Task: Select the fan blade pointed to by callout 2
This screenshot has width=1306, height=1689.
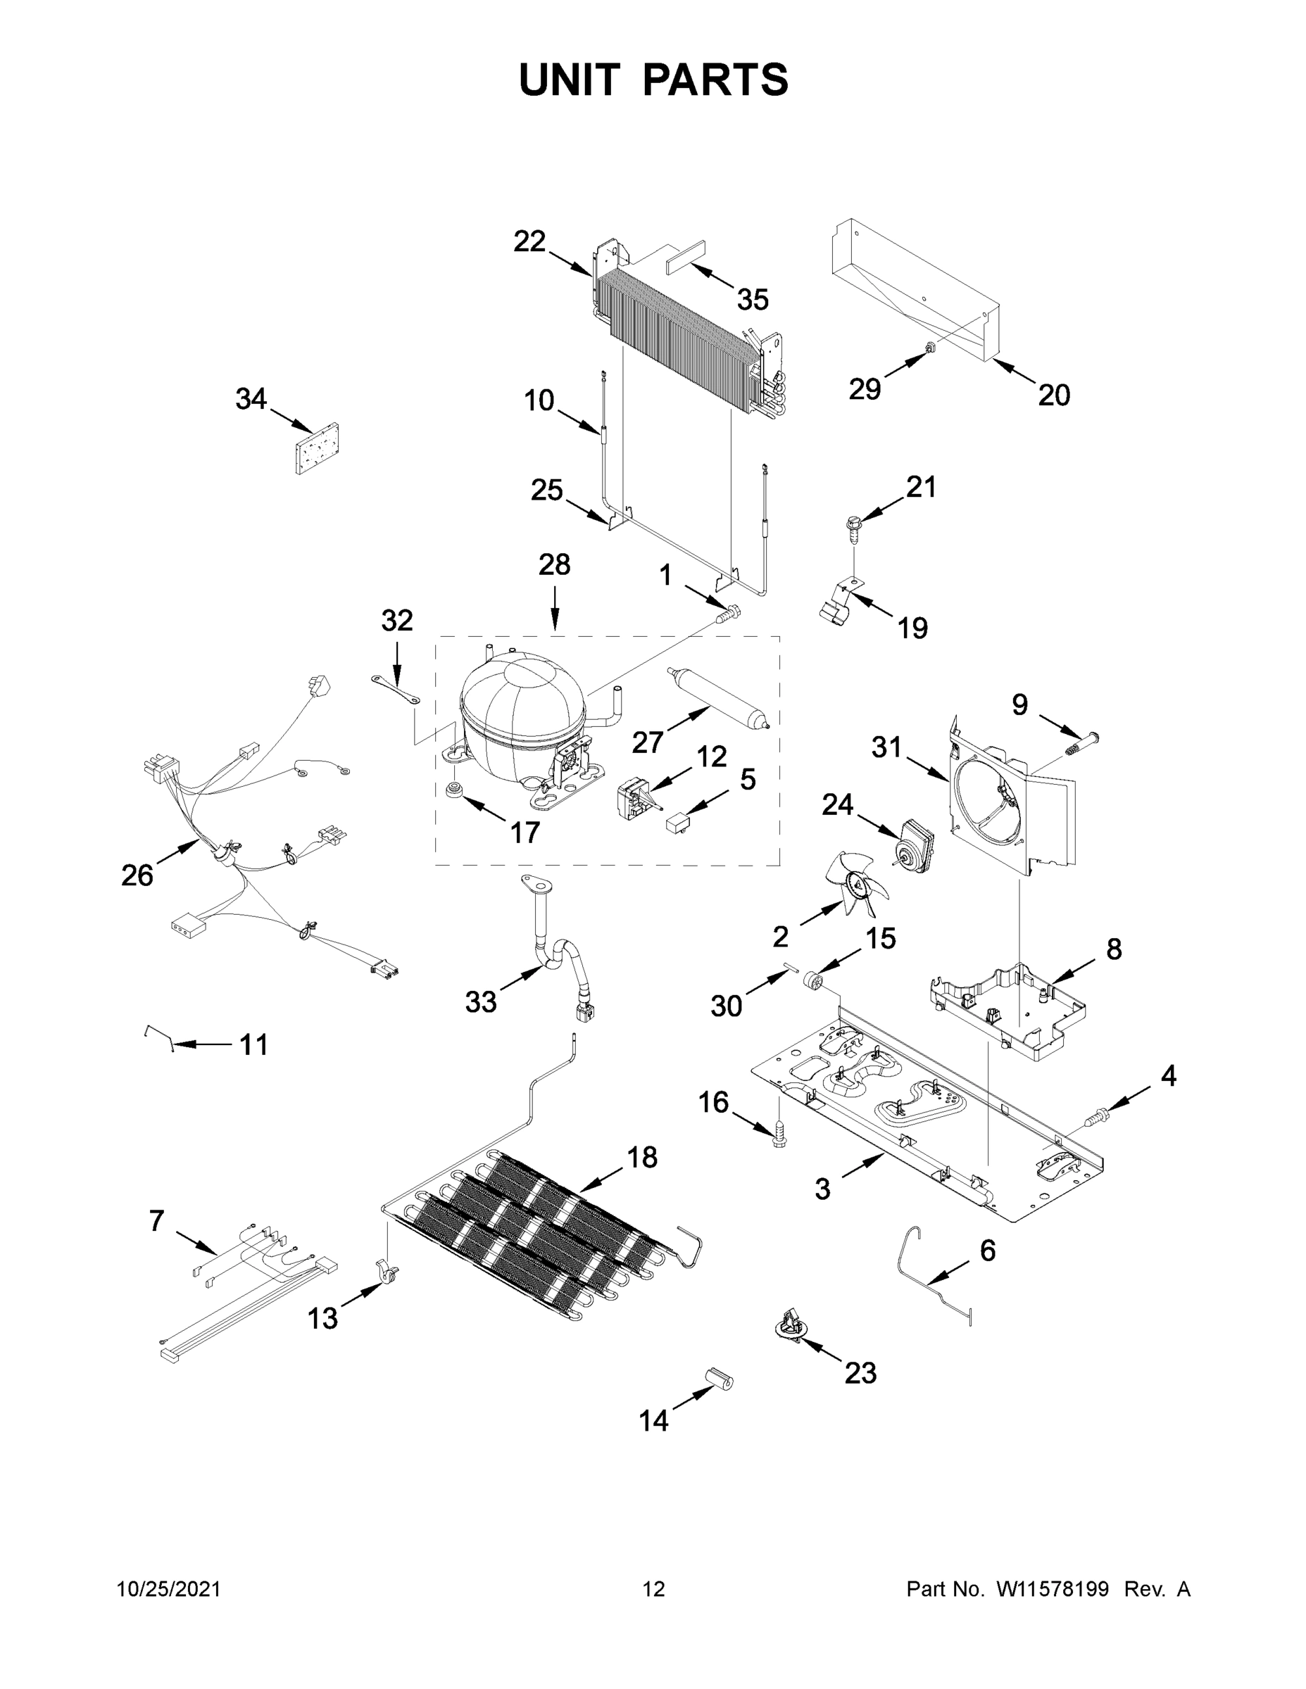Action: click(x=855, y=882)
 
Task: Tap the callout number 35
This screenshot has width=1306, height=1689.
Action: click(x=752, y=299)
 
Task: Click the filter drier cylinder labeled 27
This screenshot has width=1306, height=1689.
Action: click(x=717, y=698)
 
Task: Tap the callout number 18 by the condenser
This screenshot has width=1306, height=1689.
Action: click(x=641, y=1157)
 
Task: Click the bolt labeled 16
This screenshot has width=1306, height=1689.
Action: click(x=779, y=1134)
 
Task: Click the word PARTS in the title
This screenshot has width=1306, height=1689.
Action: click(x=716, y=80)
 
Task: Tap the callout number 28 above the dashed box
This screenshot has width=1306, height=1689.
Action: click(x=554, y=564)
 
